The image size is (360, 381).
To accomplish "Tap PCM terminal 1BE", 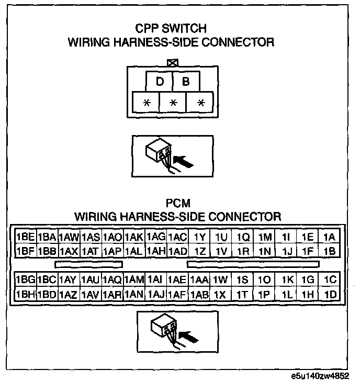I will pos(25,237).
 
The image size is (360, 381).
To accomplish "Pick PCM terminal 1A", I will pos(329,237).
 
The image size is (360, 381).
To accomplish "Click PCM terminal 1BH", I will pos(25,294).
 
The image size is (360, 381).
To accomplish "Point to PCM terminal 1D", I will pos(329,294).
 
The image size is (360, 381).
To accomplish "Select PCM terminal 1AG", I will pos(156,237).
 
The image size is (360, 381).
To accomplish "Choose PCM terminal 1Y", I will pos(199,237).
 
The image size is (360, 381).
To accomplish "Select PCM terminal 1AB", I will pos(199,294).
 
